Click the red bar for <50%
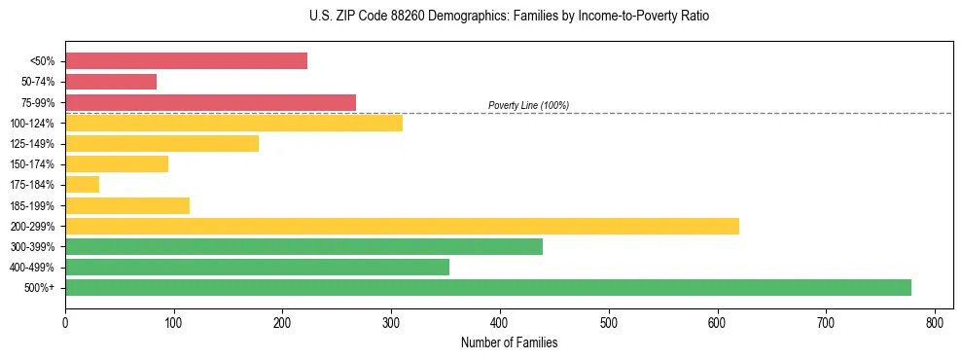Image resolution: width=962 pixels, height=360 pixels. click(186, 61)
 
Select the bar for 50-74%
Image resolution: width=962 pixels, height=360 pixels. click(111, 82)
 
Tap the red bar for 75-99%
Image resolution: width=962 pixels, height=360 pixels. click(210, 102)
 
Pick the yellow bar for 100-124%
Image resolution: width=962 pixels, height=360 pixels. click(233, 123)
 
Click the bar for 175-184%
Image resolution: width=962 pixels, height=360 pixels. click(82, 185)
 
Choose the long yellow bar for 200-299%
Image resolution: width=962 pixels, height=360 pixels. click(402, 226)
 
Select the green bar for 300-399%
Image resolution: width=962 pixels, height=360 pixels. click(303, 246)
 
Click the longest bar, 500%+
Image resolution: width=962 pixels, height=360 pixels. click(488, 287)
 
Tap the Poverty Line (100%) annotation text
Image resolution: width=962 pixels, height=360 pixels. click(528, 105)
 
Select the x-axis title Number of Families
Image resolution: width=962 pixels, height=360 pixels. click(509, 342)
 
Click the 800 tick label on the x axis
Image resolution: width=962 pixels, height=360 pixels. click(935, 322)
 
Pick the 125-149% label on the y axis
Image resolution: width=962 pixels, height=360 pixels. click(32, 144)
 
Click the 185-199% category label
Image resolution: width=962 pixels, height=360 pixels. click(32, 206)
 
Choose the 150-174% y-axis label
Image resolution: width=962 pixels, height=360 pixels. click(32, 164)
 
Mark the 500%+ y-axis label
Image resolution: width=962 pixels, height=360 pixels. click(40, 288)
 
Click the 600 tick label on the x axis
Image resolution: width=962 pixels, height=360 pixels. click(717, 322)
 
